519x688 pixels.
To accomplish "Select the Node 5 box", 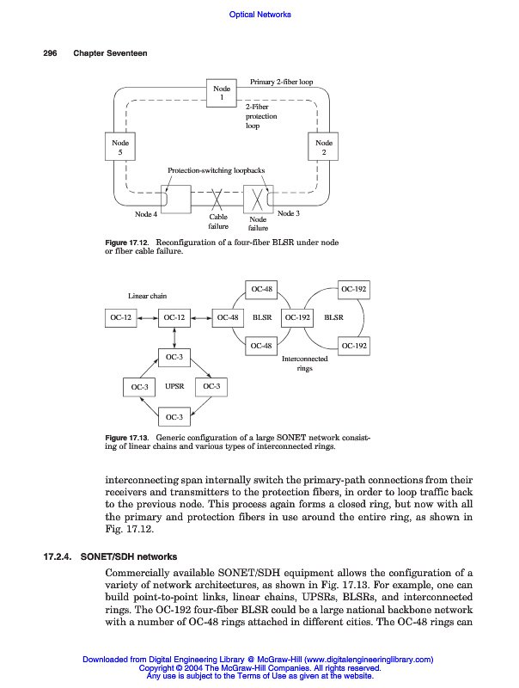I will pyautogui.click(x=119, y=147).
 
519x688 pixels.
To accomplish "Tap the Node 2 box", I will pyautogui.click(x=324, y=147).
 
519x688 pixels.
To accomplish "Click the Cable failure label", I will pyautogui.click(x=218, y=222).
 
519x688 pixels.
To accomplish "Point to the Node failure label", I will pyautogui.click(x=258, y=224).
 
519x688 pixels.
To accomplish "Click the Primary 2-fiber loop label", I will pyautogui.click(x=281, y=82).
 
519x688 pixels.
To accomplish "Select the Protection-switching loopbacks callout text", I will pyautogui.click(x=216, y=170).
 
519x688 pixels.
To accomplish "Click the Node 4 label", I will pyautogui.click(x=146, y=214).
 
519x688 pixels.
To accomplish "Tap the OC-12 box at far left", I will pyautogui.click(x=121, y=317).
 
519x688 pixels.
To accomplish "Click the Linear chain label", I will pyautogui.click(x=147, y=296).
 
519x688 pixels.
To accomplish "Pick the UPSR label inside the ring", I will pyautogui.click(x=175, y=387).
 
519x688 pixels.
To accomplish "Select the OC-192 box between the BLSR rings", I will pyautogui.click(x=297, y=317).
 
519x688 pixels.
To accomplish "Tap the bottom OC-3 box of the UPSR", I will pyautogui.click(x=174, y=417).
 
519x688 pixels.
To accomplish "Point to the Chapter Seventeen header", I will pyautogui.click(x=110, y=53).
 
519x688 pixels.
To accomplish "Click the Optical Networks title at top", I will pyautogui.click(x=260, y=14).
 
